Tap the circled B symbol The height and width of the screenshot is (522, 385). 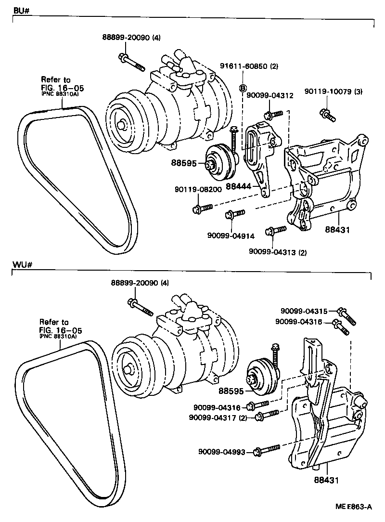[243, 88]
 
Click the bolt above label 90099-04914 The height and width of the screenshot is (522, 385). [234, 213]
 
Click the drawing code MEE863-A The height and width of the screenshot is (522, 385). [354, 507]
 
